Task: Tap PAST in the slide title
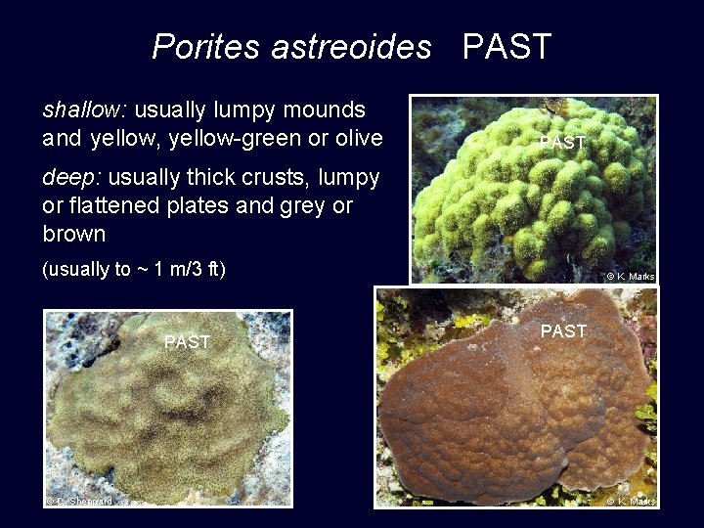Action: [x=506, y=46]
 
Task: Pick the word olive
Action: [x=359, y=138]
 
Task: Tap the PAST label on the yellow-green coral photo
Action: [x=563, y=144]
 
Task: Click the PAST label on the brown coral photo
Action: [x=564, y=331]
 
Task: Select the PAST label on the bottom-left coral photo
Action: [x=187, y=342]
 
